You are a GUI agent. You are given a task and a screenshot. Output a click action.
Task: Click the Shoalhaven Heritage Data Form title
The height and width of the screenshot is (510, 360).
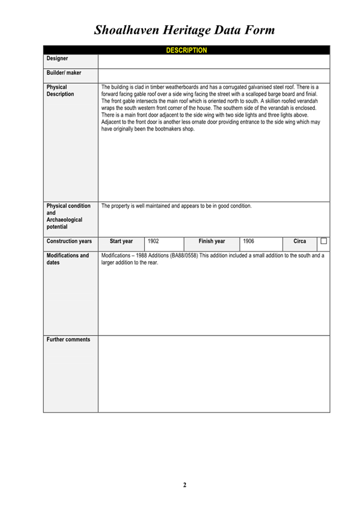[x=185, y=30]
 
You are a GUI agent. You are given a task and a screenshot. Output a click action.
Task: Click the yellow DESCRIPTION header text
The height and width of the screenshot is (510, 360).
[x=186, y=51]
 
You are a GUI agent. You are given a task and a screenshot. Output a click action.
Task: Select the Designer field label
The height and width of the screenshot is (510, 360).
[x=57, y=59]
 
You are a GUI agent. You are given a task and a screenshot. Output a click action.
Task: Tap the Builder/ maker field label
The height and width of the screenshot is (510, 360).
[x=64, y=73]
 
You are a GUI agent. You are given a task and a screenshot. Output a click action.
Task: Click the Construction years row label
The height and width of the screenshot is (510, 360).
[x=69, y=241]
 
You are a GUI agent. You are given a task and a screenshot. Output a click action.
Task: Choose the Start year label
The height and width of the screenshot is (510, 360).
[x=121, y=241]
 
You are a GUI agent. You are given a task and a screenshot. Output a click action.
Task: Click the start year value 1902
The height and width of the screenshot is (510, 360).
[x=153, y=241]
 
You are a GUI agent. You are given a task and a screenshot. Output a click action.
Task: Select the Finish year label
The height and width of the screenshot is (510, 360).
[x=212, y=241]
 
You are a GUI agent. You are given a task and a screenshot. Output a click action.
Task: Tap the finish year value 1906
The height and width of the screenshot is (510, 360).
[x=249, y=241]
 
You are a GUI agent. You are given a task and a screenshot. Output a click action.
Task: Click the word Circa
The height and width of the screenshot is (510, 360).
[x=299, y=241]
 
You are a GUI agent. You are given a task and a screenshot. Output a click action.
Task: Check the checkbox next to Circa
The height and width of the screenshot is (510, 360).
[x=323, y=241]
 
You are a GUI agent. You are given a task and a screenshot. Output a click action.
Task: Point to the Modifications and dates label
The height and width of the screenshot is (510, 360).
[x=68, y=259]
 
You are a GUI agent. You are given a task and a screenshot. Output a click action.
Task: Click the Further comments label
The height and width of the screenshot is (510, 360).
[x=69, y=340]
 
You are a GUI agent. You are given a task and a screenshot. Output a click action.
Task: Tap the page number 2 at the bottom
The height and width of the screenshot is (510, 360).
[x=185, y=485]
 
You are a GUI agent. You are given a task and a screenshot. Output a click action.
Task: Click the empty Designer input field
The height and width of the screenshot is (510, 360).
[x=213, y=61]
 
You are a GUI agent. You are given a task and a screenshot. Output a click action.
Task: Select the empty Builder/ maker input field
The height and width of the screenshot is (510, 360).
[x=213, y=75]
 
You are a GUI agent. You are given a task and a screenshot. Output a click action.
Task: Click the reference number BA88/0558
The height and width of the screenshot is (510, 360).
[x=186, y=256]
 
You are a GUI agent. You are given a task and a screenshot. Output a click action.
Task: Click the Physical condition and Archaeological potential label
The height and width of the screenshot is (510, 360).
[x=69, y=217]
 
